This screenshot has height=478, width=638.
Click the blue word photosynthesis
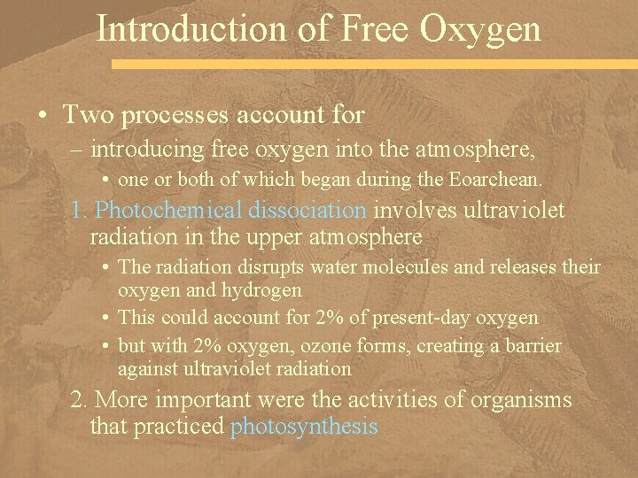[x=304, y=428]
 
